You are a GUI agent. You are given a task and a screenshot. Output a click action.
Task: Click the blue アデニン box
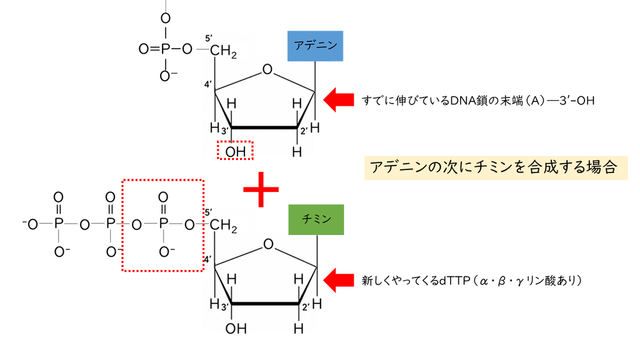[x=315, y=46]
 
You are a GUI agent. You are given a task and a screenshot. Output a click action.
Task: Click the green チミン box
[x=316, y=219]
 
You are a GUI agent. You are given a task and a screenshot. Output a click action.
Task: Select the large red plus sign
[x=261, y=189]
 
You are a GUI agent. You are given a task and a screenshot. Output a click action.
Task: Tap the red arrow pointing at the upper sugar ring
[x=338, y=99]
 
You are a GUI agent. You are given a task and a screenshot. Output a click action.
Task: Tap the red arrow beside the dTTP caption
[x=338, y=280]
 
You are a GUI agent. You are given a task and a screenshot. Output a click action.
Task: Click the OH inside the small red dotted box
[x=236, y=152]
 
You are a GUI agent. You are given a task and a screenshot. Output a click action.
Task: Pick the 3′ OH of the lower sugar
[x=236, y=329]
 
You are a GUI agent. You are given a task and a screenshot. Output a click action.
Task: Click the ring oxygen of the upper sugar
[x=267, y=69]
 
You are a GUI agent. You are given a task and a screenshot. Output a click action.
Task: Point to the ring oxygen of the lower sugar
[x=268, y=244]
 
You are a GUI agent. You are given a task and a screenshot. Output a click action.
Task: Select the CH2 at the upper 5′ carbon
[x=223, y=51]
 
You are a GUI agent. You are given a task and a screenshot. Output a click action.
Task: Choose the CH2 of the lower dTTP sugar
[x=223, y=225]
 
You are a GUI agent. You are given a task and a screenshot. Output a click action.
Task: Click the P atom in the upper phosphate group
[x=165, y=49]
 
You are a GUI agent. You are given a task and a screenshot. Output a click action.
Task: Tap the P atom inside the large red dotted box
[x=163, y=224]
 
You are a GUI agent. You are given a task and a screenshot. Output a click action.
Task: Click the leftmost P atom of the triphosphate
[x=59, y=224]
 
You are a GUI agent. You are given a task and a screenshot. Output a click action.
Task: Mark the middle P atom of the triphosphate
[x=110, y=224]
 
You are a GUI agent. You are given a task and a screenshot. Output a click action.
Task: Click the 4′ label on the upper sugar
[x=208, y=84]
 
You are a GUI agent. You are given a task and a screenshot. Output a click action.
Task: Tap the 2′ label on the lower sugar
[x=305, y=306]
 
